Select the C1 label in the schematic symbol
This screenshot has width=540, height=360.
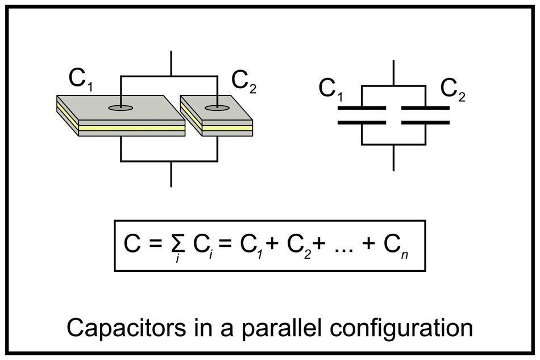[x=331, y=90]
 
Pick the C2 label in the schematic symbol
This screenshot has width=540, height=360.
[x=453, y=90]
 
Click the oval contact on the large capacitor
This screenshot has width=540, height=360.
[x=121, y=106]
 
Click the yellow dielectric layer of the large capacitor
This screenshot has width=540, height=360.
[x=131, y=128]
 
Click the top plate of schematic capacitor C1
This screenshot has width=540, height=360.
[x=362, y=107]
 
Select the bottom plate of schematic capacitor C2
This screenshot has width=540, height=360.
[x=426, y=122]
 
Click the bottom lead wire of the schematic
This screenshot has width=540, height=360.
[x=393, y=158]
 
